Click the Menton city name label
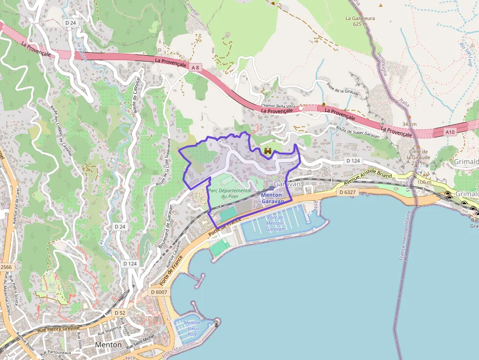[x=109, y=344]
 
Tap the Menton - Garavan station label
[x=272, y=198]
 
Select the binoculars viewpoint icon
[x=268, y=151]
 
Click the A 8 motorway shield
[x=196, y=66]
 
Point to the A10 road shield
[x=450, y=132]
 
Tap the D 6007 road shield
[x=159, y=292]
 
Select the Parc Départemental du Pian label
[x=229, y=193]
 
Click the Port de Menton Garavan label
[x=275, y=223]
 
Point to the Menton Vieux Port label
[x=192, y=328]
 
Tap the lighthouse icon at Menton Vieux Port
[x=217, y=322]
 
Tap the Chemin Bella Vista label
[x=278, y=106]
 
